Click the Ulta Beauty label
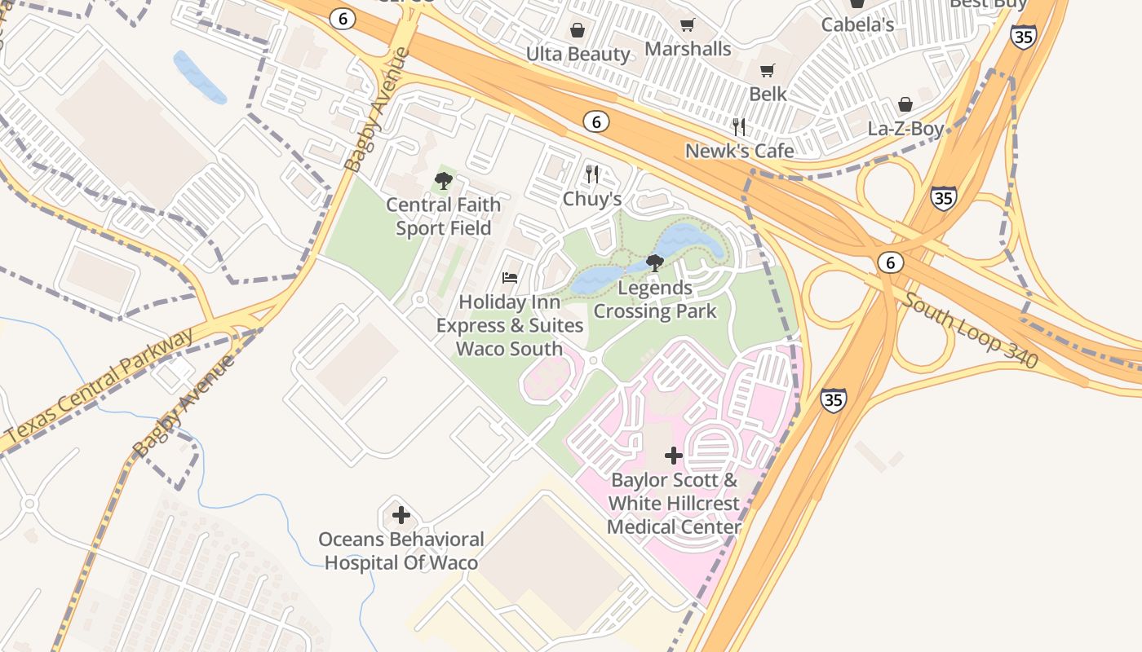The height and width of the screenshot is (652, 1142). [578, 55]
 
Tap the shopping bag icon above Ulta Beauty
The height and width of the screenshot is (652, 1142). [578, 31]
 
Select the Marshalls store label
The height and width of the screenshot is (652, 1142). [688, 49]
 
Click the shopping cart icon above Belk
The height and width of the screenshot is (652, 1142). [767, 71]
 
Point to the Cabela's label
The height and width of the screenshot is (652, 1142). [857, 24]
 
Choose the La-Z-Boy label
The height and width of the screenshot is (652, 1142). [905, 129]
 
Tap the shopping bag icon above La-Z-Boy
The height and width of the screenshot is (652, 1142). [905, 104]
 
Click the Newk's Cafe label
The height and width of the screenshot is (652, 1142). [739, 151]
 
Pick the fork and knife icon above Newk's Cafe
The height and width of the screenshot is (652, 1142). [739, 127]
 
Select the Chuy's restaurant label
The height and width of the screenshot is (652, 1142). [592, 199]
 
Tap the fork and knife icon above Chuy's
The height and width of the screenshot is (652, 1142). [592, 174]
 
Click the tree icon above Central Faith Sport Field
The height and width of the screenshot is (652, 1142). [444, 181]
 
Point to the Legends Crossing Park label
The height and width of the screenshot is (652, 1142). [655, 299]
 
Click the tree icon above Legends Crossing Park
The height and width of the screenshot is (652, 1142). [654, 262]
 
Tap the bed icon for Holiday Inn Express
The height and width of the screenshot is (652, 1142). [510, 278]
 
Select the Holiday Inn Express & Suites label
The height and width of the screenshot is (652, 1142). [510, 325]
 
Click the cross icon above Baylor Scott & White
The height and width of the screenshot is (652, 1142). [673, 456]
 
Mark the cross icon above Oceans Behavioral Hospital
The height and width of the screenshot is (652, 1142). [401, 515]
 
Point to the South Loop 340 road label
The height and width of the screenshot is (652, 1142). [971, 329]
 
